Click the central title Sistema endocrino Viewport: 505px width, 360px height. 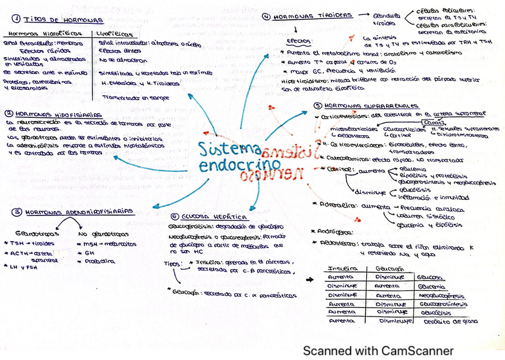pos(232,157)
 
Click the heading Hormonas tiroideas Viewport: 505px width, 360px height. pos(313,17)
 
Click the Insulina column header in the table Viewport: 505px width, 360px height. pos(339,268)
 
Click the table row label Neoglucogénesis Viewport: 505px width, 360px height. pos(441,295)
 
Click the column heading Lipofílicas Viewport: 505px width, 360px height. pos(114,35)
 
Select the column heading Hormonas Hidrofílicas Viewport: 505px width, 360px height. pos(41,35)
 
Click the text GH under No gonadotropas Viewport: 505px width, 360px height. pos(90,252)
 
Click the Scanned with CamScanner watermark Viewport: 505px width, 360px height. pos(377,350)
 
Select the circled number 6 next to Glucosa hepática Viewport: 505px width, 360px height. pos(173,217)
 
